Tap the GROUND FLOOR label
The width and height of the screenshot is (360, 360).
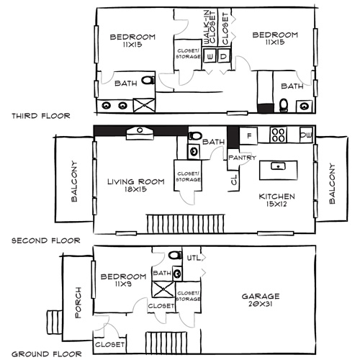tap(40, 354)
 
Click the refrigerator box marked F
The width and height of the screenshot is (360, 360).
tap(249, 135)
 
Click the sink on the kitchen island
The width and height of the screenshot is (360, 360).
tap(276, 166)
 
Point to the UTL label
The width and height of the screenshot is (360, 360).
tap(192, 257)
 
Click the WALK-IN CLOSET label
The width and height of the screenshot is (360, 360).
tap(209, 27)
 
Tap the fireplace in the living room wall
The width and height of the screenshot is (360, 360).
tap(136, 131)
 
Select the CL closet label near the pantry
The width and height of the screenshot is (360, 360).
tap(234, 180)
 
